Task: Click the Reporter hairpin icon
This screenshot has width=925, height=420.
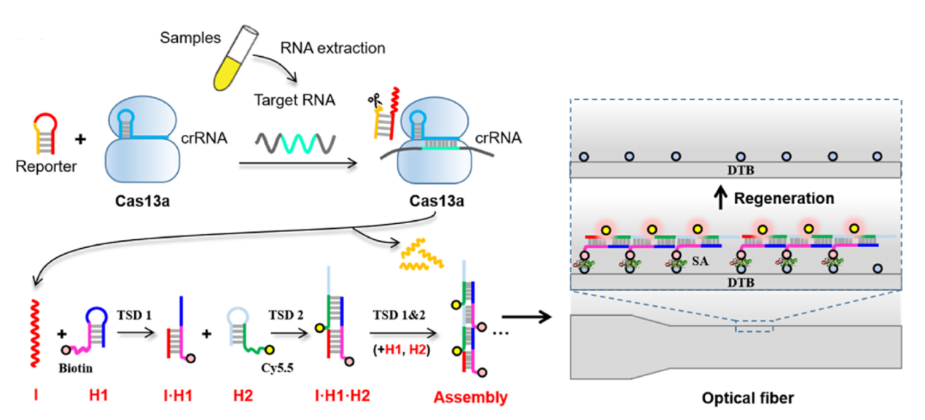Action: point(36,134)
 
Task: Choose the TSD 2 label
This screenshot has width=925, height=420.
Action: point(282,316)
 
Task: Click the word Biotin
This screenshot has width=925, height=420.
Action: point(76,369)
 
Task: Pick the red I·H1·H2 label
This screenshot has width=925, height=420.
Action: point(338,397)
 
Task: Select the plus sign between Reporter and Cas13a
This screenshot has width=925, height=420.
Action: point(80,136)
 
